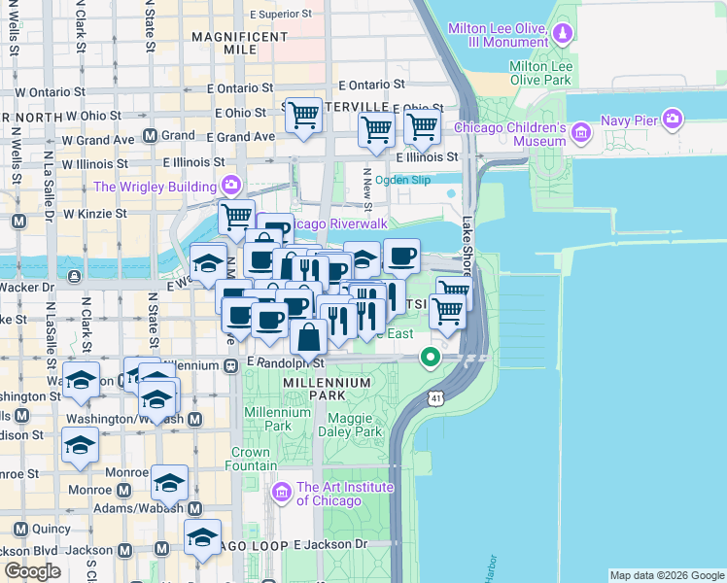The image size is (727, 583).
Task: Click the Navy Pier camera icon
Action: click(x=672, y=120)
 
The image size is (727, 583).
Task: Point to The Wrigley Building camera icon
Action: click(x=231, y=185)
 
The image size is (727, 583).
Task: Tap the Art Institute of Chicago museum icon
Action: click(x=283, y=493)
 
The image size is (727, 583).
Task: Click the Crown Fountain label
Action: click(x=251, y=460)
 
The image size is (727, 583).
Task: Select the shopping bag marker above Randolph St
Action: click(x=309, y=338)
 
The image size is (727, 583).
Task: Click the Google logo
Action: click(x=32, y=570)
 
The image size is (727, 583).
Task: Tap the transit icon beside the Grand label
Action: click(x=150, y=136)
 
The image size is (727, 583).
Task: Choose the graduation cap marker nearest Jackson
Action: click(x=203, y=537)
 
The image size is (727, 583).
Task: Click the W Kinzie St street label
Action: click(x=94, y=213)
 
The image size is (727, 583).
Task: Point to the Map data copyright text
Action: click(x=667, y=575)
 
